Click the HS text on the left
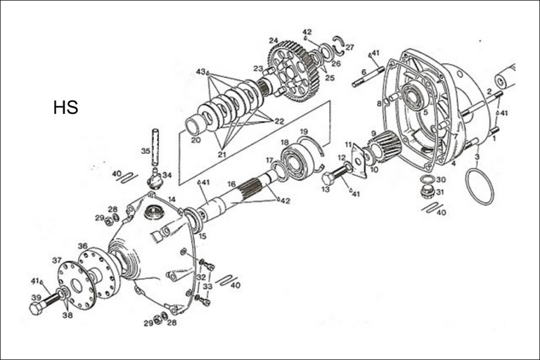click(65, 108)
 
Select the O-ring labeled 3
click(480, 187)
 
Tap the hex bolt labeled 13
click(333, 176)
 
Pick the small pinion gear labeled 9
click(385, 146)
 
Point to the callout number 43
click(201, 72)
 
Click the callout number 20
click(195, 139)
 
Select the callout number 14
click(172, 200)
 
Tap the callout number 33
click(207, 286)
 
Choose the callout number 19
click(304, 131)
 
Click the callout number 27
click(349, 47)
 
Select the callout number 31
click(440, 192)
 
